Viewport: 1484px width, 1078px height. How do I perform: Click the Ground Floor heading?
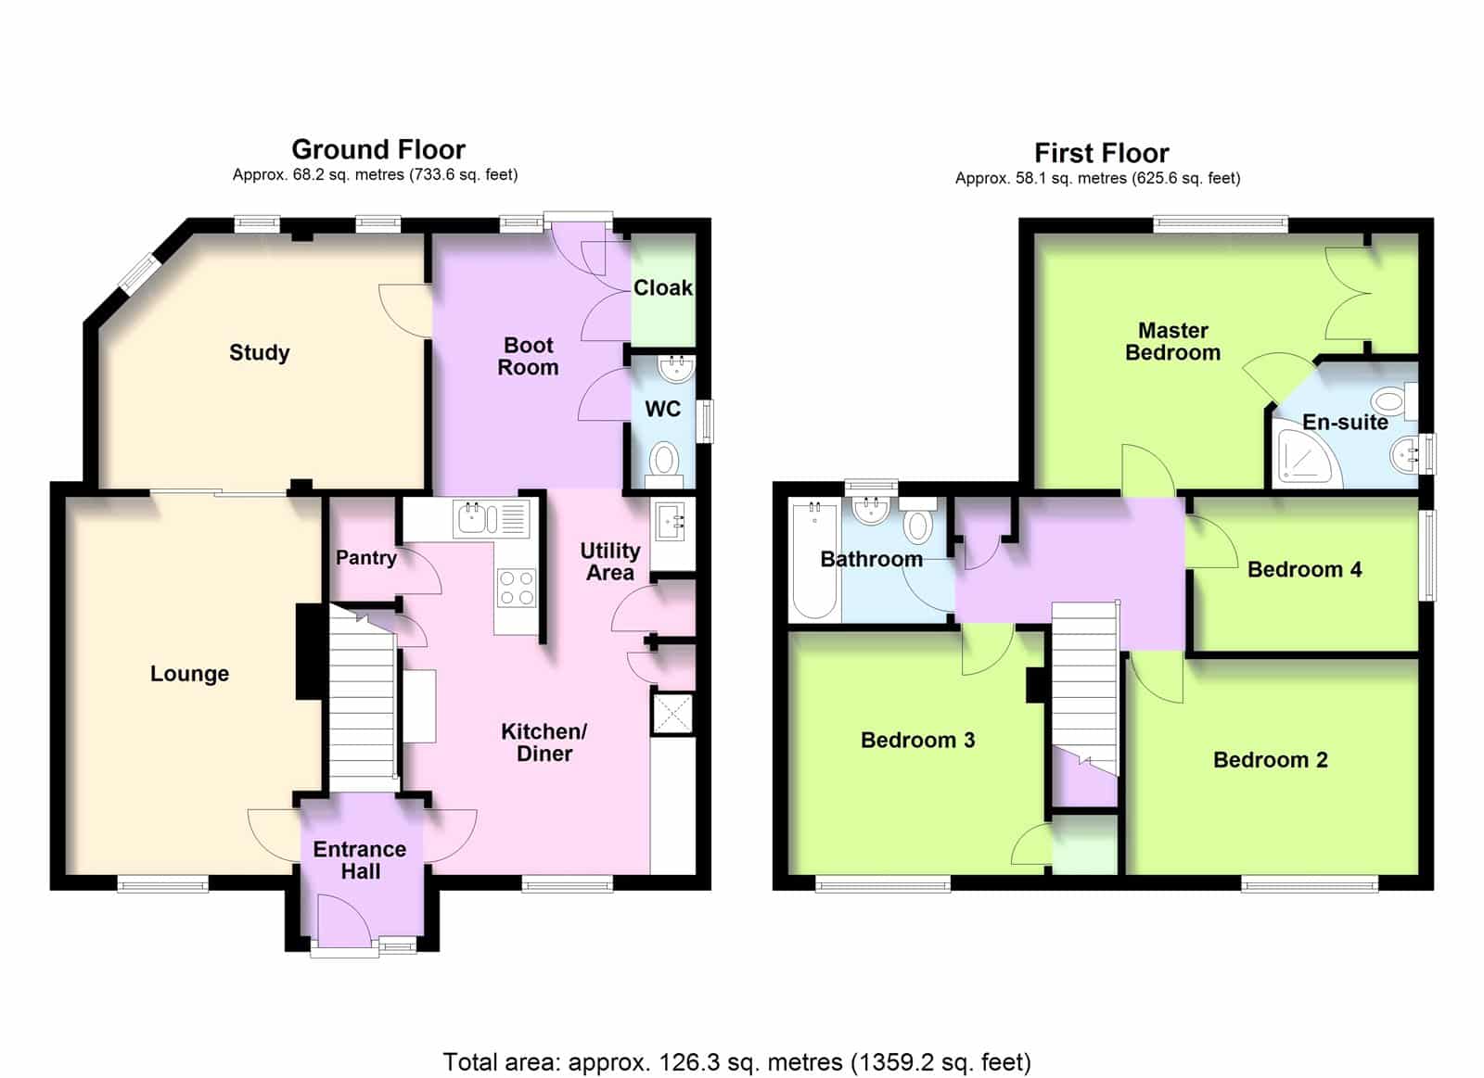[x=378, y=149]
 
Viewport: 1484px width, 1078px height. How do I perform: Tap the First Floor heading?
[x=1102, y=154]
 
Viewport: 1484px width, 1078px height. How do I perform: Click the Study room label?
[x=259, y=352]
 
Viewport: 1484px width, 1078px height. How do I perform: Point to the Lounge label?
[x=189, y=674]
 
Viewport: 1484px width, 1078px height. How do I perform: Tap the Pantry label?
[x=365, y=558]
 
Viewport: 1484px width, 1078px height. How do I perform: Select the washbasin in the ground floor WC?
[x=676, y=368]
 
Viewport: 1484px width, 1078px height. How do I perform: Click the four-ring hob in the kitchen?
[x=518, y=588]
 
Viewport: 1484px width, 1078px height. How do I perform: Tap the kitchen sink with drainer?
[x=492, y=518]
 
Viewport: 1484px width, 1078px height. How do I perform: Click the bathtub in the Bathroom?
[x=814, y=561]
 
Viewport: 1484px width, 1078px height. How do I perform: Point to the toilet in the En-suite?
[x=1394, y=401]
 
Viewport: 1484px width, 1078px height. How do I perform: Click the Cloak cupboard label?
[x=663, y=288]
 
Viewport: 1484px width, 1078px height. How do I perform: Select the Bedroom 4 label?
[x=1304, y=569]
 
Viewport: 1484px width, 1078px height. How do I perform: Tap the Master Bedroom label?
[x=1172, y=341]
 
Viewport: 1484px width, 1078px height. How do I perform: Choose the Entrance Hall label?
[x=360, y=859]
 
